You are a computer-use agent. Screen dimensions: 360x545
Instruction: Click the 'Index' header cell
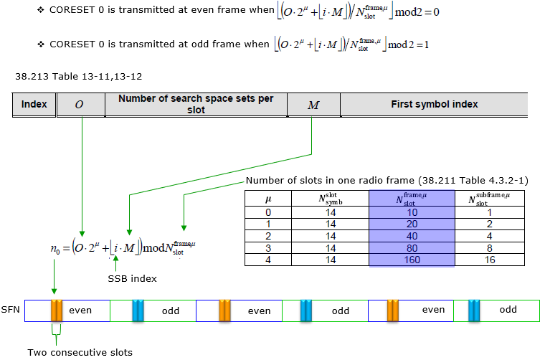tap(34, 104)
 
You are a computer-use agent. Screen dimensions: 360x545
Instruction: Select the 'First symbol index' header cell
tap(435, 104)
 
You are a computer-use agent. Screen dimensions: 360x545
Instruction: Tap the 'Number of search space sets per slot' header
tap(196, 104)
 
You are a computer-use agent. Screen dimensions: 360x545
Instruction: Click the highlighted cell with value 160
tap(412, 259)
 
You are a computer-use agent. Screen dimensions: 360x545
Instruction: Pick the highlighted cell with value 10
tap(412, 213)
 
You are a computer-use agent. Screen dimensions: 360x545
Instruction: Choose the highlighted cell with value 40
tap(412, 236)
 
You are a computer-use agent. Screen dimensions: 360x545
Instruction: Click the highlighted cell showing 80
tap(412, 247)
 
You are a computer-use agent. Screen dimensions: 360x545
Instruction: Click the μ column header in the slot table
tap(267, 199)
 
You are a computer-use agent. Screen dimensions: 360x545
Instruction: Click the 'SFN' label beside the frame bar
tap(11, 311)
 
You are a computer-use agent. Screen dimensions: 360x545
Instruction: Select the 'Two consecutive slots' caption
tap(80, 351)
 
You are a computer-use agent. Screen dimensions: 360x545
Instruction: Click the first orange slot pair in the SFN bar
tap(57, 311)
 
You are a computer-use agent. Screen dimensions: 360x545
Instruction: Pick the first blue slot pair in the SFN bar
tap(138, 311)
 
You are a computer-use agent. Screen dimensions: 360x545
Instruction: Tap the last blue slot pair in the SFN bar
tap(474, 311)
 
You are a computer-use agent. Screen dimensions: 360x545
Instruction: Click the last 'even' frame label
tap(433, 311)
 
